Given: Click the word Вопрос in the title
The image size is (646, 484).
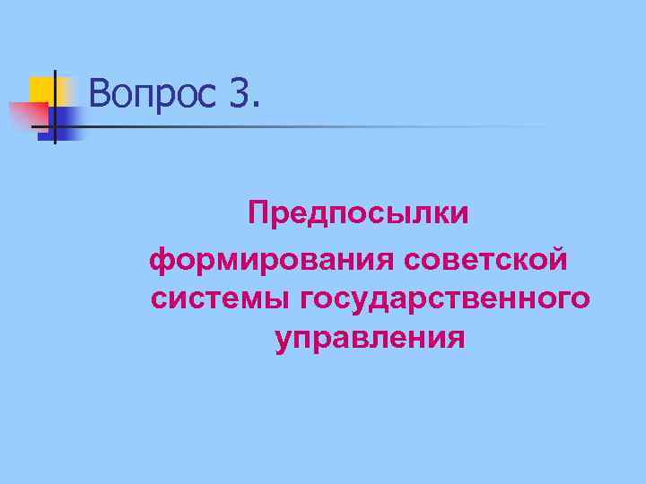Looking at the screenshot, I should [x=153, y=93].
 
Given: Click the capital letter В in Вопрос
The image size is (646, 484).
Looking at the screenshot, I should [x=100, y=92].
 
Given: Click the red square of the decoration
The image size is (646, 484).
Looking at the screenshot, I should [x=27, y=116].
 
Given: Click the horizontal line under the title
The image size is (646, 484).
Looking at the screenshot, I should [x=314, y=126].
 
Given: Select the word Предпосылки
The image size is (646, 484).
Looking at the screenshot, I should [x=358, y=216].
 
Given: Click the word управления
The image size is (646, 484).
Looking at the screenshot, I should [x=370, y=340].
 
